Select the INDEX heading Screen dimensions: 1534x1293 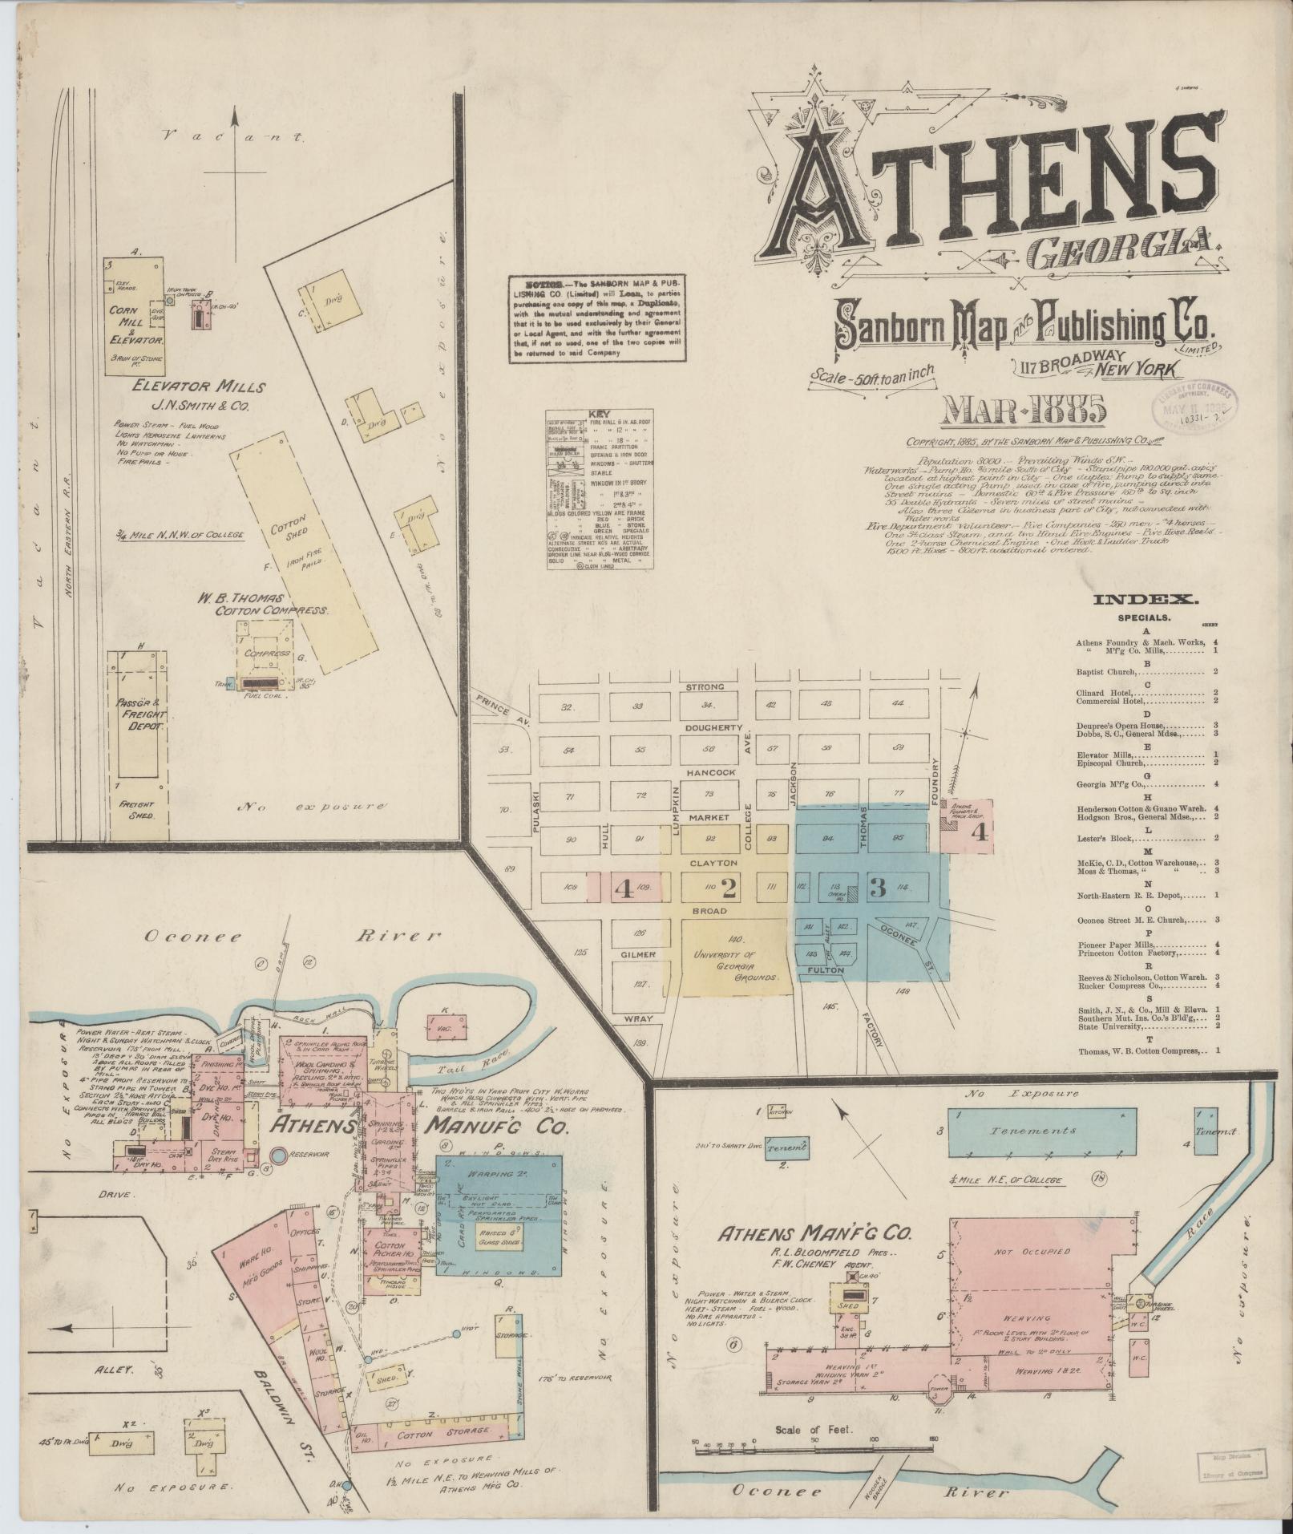tap(1146, 598)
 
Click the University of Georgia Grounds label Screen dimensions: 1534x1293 tap(737, 965)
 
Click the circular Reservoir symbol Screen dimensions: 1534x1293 tap(278, 1156)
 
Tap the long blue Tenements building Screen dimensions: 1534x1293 tap(1041, 1130)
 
